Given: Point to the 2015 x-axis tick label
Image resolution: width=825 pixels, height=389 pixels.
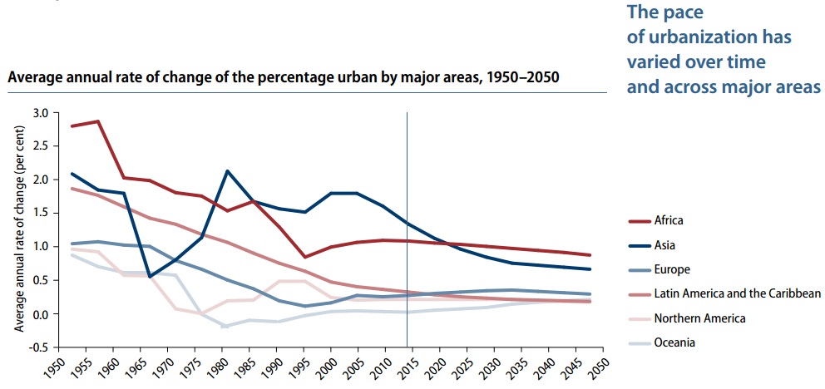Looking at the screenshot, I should (408, 367).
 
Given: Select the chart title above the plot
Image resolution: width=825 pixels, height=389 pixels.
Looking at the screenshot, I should (283, 76).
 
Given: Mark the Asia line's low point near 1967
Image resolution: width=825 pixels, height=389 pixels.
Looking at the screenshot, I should (149, 276).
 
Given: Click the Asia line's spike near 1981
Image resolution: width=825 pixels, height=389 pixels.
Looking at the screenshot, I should (226, 171).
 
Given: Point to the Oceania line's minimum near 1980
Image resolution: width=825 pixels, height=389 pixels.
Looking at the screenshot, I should (224, 327).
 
